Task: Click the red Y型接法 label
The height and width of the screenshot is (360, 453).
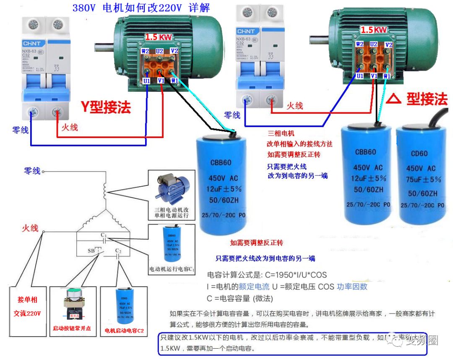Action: [106, 107]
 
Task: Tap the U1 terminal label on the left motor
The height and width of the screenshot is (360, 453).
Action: [146, 81]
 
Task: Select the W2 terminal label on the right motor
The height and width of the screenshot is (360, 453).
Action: [359, 44]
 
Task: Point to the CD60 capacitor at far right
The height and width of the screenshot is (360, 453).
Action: [419, 174]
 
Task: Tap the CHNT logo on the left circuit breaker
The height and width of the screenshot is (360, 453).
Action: [30, 44]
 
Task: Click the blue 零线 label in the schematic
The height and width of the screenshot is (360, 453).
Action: [32, 171]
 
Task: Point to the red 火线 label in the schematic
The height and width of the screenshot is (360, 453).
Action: [30, 228]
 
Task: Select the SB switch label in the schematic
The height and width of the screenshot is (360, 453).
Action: [91, 250]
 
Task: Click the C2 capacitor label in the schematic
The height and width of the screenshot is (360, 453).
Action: [118, 251]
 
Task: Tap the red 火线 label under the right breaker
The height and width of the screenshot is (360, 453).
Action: [294, 106]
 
